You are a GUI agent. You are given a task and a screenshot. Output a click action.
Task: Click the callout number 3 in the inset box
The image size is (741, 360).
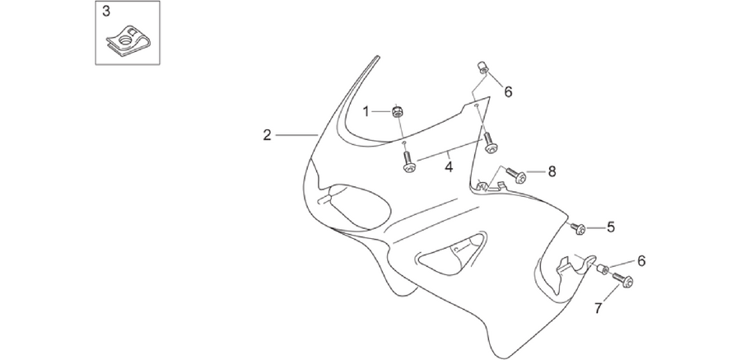click(106, 12)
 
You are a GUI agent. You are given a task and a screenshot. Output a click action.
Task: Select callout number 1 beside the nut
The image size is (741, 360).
click(366, 112)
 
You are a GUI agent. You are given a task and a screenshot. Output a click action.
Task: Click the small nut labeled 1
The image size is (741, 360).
click(398, 112)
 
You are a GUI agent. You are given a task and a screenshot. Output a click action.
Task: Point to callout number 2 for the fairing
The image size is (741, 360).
click(267, 135)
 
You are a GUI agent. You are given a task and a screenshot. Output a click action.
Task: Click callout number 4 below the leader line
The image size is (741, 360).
click(449, 167)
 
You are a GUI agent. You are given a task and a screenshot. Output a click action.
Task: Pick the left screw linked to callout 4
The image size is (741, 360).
click(408, 161)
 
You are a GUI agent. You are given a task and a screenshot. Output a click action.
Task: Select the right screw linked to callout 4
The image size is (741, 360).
click(489, 143)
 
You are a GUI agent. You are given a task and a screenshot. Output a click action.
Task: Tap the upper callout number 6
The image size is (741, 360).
click(508, 91)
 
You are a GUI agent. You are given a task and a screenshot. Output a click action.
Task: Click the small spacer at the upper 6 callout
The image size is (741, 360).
click(482, 68)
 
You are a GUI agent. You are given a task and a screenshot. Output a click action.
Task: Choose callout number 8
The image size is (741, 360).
click(552, 171)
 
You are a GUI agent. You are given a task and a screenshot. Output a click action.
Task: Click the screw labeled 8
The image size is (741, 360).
click(516, 175)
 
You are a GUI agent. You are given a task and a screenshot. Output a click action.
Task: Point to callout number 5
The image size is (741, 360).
click(611, 227)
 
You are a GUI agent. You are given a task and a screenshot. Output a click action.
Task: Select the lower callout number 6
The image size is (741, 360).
click(641, 260)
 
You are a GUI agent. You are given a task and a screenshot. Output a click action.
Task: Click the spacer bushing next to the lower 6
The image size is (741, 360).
click(603, 269)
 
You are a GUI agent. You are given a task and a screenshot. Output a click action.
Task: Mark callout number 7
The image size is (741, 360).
click(599, 309)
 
